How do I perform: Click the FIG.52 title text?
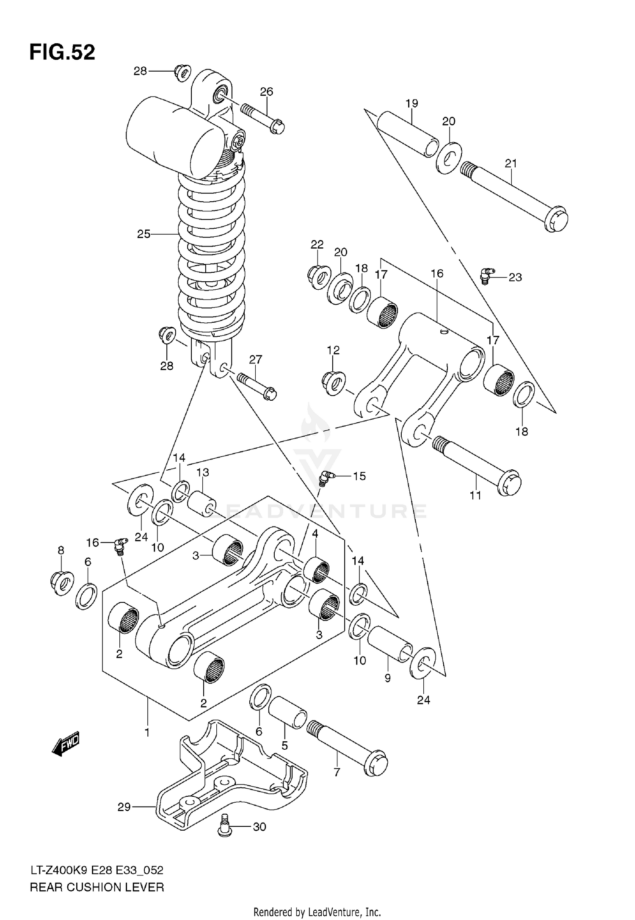pos(62,53)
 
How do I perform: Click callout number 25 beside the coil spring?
pos(144,234)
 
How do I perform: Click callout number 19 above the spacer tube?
pos(411,103)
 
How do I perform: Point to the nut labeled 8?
pos(62,583)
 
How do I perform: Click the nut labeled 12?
pos(333,382)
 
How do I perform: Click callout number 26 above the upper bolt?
pos(266,91)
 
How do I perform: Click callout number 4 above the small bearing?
pos(315,534)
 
